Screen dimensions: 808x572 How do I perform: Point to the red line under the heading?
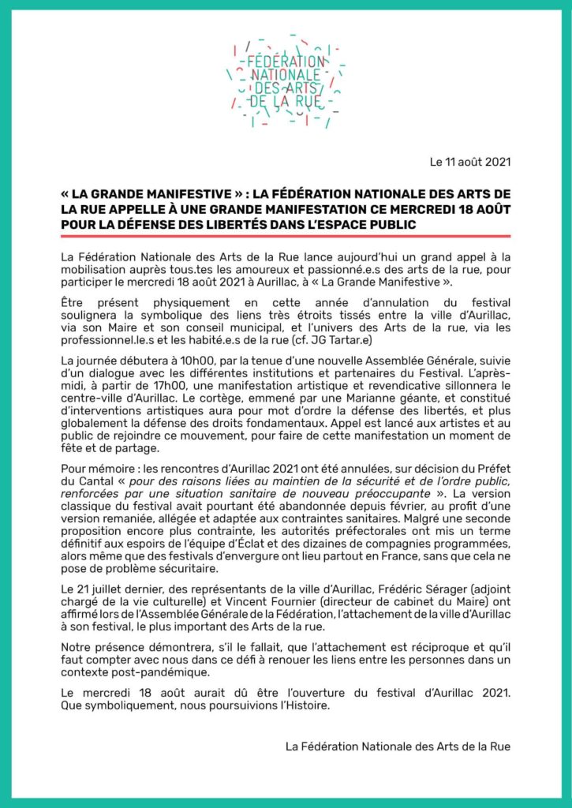point(286,237)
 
